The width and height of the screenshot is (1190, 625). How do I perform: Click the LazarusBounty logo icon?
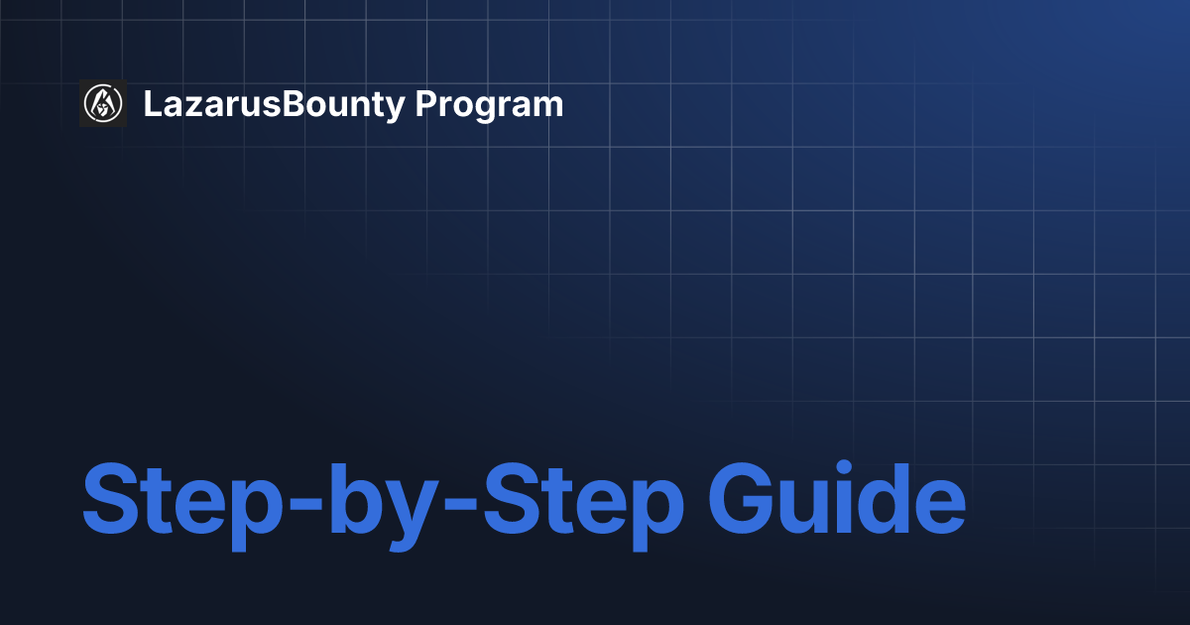(103, 103)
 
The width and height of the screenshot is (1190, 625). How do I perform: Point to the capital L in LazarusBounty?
(152, 104)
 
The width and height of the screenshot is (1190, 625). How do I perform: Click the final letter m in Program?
(548, 106)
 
